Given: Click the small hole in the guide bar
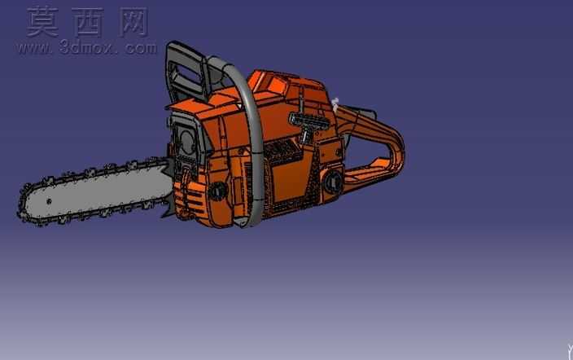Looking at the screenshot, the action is (49, 201).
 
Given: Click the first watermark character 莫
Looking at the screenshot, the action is (43, 22).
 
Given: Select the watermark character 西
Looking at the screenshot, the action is (87, 23).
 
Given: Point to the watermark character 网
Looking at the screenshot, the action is (133, 23).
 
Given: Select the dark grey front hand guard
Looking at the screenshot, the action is (186, 72).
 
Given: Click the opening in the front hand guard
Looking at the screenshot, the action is (186, 74).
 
